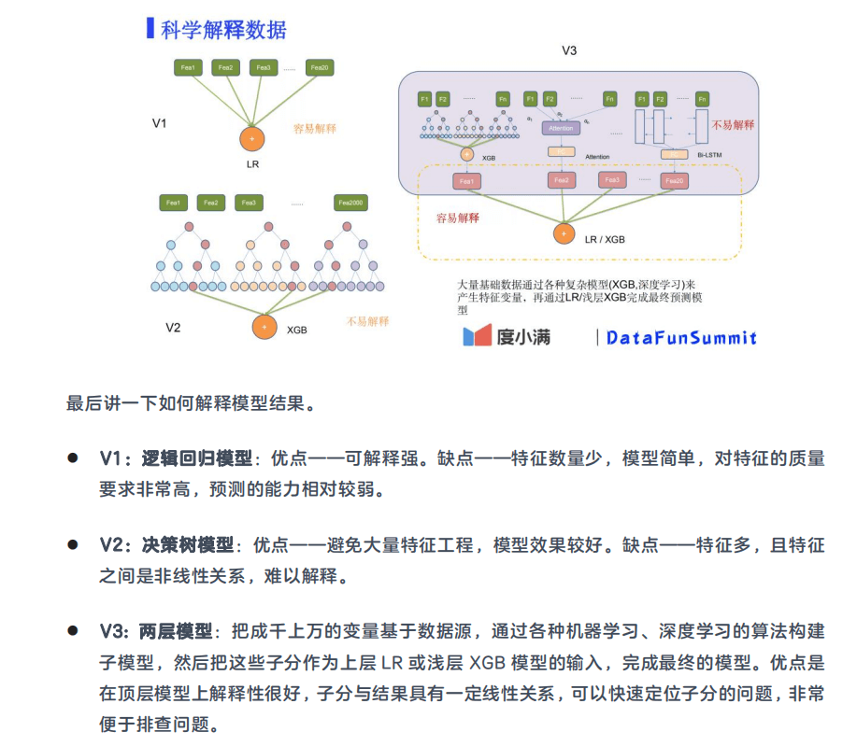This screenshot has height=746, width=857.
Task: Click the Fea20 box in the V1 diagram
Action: [319, 67]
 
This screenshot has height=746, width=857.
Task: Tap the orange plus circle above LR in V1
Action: [251, 138]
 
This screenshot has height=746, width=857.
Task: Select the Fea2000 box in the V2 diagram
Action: [350, 202]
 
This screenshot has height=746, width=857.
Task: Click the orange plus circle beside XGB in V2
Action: [264, 327]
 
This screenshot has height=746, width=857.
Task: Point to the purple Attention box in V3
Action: [561, 127]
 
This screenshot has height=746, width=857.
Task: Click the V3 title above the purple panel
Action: [569, 50]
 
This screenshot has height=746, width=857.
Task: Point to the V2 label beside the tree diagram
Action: [173, 327]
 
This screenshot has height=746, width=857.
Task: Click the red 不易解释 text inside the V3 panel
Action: [733, 124]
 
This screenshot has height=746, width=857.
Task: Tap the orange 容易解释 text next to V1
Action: [315, 128]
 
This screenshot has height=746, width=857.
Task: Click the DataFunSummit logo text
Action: [681, 337]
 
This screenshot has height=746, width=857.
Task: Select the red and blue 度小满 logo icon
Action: [477, 336]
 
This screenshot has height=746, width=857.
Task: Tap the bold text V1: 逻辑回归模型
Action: [176, 458]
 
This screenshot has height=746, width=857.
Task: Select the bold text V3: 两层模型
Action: [156, 630]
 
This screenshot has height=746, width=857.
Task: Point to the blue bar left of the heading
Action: [150, 28]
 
